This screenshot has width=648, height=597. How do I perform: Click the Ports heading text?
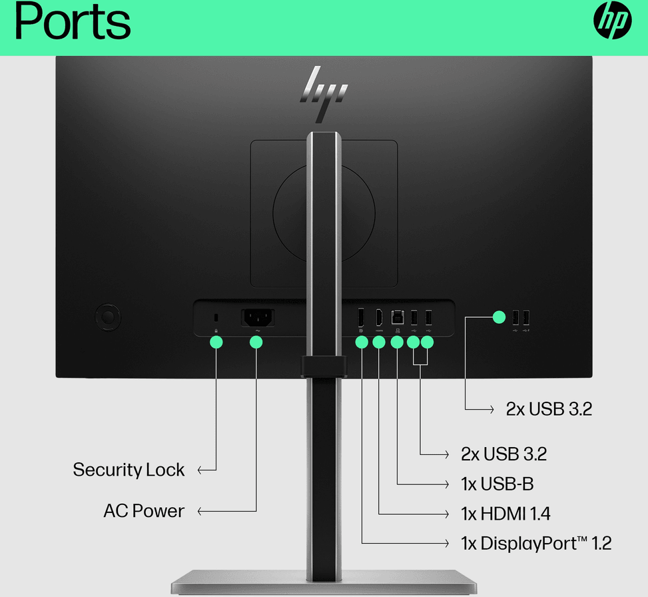(x=73, y=21)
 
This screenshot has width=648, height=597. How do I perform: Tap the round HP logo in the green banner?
(x=613, y=20)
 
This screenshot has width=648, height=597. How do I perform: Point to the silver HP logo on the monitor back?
(x=324, y=95)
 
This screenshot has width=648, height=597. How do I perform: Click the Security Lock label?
(x=129, y=470)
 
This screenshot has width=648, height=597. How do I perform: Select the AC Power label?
(x=144, y=511)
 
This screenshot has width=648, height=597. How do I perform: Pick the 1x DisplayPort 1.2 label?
(x=536, y=543)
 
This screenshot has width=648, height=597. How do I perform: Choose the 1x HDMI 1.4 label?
(x=505, y=514)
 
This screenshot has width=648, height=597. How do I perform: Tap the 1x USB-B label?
(x=497, y=484)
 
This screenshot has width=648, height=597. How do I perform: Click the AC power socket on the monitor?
(x=258, y=318)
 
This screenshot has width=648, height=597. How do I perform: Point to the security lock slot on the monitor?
(x=216, y=318)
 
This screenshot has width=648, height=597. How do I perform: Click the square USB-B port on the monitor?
(x=398, y=318)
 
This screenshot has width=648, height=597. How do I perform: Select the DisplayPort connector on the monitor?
(x=361, y=318)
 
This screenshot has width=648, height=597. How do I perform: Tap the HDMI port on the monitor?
(x=379, y=318)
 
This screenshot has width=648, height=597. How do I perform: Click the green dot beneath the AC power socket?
(x=256, y=342)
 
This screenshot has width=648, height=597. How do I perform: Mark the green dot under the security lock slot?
(x=216, y=342)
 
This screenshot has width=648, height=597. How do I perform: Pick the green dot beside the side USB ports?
(x=499, y=317)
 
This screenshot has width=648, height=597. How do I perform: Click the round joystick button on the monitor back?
(x=108, y=318)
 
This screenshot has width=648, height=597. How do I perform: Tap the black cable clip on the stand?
(x=324, y=366)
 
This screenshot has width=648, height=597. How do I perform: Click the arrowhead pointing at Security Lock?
(x=200, y=470)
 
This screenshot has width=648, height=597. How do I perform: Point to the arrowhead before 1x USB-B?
(x=446, y=484)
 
